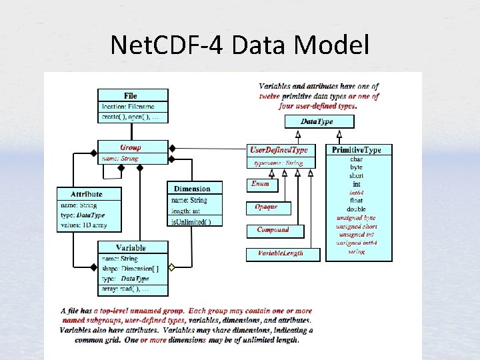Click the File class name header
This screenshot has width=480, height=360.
(x=130, y=96)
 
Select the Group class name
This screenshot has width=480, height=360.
(x=131, y=147)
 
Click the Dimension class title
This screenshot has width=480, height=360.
(x=192, y=189)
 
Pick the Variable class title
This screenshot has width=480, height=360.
(x=131, y=248)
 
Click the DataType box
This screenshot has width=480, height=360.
(x=318, y=121)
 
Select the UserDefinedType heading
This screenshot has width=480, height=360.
(x=278, y=150)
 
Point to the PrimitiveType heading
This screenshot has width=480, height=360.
(x=357, y=150)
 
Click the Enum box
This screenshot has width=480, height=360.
(x=261, y=184)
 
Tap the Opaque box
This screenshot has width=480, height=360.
(x=266, y=207)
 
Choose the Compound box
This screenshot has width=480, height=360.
(x=273, y=230)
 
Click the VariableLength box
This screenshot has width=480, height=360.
(x=281, y=253)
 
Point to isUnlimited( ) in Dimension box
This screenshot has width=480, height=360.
(x=192, y=221)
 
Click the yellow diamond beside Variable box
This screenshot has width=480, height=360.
(x=172, y=268)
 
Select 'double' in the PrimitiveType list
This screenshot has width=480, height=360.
(x=357, y=209)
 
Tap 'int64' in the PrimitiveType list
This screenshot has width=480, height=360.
(x=357, y=193)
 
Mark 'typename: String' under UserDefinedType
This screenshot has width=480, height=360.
(x=279, y=163)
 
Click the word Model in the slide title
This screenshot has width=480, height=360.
(x=331, y=45)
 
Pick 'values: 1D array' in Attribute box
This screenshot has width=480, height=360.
(x=82, y=225)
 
